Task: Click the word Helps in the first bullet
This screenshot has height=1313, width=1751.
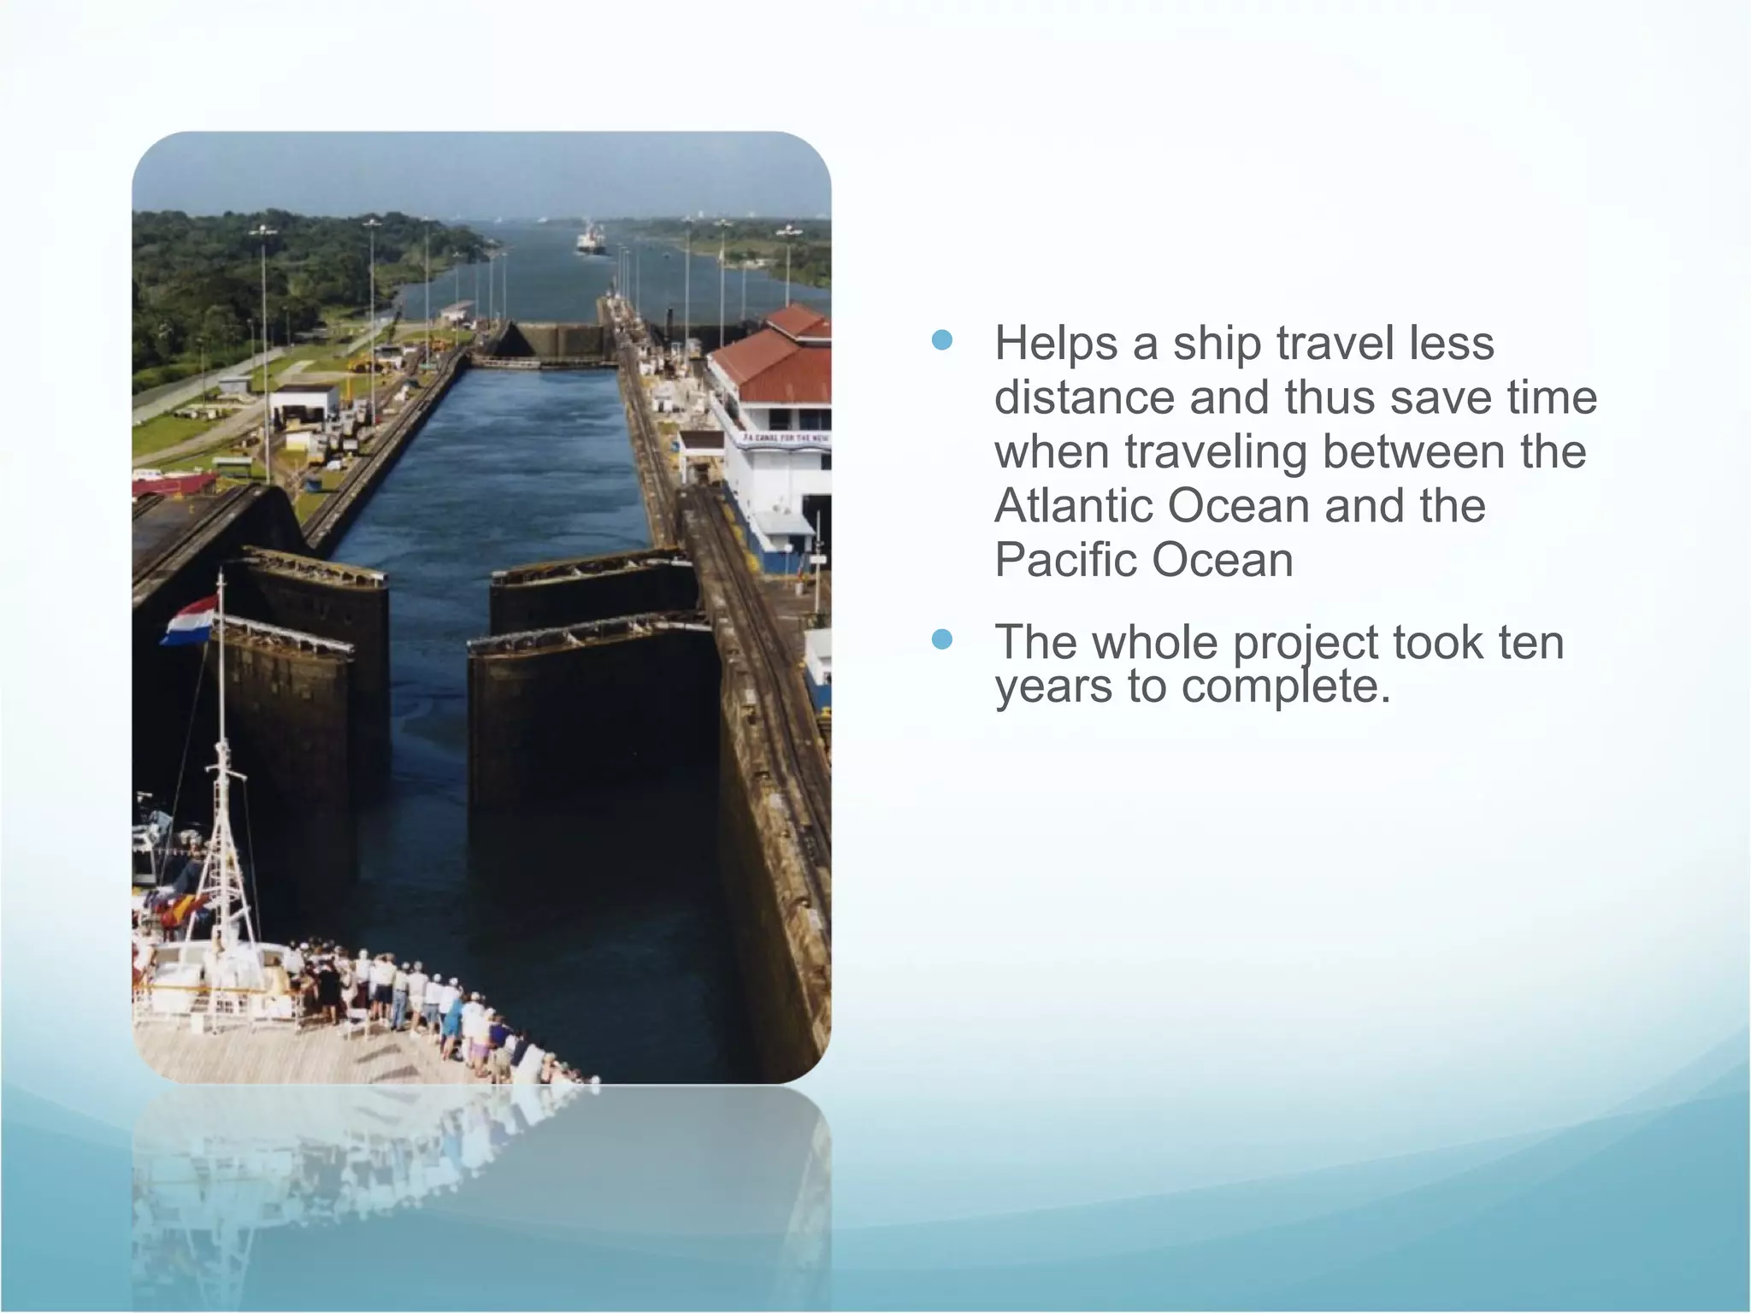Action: pos(1055,344)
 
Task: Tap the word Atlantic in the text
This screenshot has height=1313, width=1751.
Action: pos(1073,505)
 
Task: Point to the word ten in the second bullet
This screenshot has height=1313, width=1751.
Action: pos(1530,642)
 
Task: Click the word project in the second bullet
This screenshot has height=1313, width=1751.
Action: pos(1306,644)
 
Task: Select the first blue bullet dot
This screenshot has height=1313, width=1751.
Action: pos(941,340)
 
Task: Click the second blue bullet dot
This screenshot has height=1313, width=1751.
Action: pos(941,639)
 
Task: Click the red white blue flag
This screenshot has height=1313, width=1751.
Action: pos(190,621)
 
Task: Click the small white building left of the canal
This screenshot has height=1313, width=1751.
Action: pos(304,403)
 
